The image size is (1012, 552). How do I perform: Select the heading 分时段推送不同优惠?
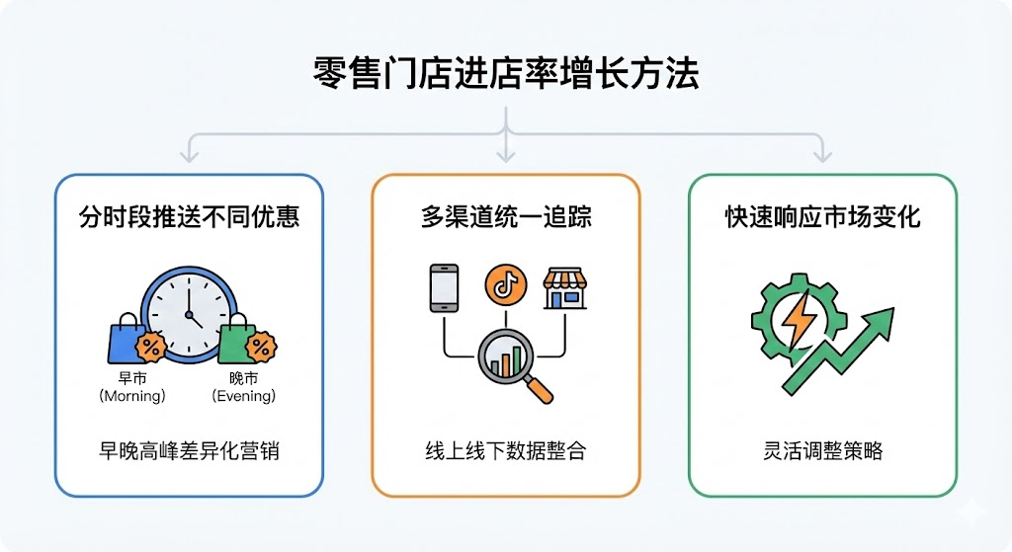point(189,217)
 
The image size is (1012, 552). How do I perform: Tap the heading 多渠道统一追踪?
point(505,217)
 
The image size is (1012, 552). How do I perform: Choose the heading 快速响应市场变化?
point(822,217)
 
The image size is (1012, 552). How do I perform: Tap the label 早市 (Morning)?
point(131,388)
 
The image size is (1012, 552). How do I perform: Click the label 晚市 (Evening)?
point(244,388)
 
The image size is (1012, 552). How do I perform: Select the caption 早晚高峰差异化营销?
point(189,450)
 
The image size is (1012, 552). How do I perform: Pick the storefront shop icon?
point(565,287)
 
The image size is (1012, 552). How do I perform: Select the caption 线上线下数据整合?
point(505,450)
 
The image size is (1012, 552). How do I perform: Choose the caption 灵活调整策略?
point(822,450)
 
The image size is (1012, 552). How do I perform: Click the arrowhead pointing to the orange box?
point(505,154)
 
